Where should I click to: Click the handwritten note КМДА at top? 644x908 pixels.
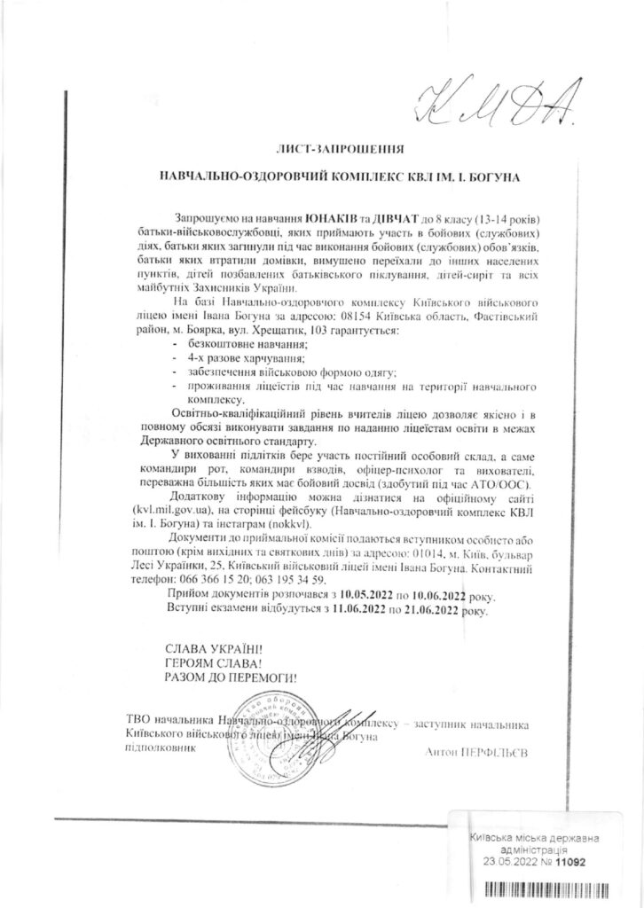497,105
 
